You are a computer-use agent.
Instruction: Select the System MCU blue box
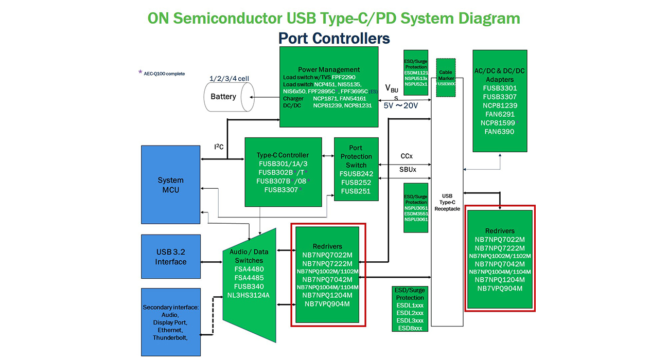pyautogui.click(x=170, y=185)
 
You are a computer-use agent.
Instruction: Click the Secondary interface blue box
pyautogui.click(x=170, y=321)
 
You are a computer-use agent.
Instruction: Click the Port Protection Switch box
pyautogui.click(x=356, y=169)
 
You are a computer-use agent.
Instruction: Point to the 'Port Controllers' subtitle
pyautogui.click(x=334, y=39)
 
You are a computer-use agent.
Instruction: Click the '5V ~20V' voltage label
pyautogui.click(x=401, y=105)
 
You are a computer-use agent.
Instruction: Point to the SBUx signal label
pyautogui.click(x=407, y=169)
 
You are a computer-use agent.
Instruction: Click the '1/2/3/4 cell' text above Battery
pyautogui.click(x=229, y=79)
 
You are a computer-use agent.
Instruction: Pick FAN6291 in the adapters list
pyautogui.click(x=499, y=114)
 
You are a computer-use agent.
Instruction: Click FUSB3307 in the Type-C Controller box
pyautogui.click(x=281, y=190)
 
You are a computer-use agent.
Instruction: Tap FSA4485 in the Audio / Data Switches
pyautogui.click(x=249, y=278)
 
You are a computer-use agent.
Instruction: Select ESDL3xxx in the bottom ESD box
pyautogui.click(x=410, y=320)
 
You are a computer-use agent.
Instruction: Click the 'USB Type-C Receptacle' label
pyautogui.click(x=447, y=202)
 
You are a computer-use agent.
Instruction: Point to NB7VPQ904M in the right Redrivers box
pyautogui.click(x=500, y=289)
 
